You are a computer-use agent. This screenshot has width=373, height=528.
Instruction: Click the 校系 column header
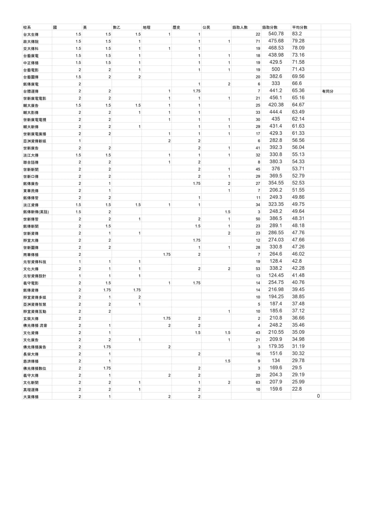pos(27,28)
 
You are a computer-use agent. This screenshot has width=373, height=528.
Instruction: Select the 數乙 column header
pos(117,28)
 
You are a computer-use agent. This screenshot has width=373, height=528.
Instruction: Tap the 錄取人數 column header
pos(240,28)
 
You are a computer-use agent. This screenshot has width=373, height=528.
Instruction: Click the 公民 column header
pos(206,28)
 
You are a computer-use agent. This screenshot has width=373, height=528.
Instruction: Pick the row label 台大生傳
pos(31,34)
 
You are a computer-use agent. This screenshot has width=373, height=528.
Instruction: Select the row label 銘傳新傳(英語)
pos(36,212)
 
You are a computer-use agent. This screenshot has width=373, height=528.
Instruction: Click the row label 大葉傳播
pos(31,397)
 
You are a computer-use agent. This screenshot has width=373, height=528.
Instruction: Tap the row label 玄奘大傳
pos(31,318)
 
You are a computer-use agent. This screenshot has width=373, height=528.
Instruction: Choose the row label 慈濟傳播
pos(31,361)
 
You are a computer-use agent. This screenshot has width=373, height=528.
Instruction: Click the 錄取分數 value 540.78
pos(276,34)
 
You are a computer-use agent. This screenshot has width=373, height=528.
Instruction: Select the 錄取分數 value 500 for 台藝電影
pos(276,69)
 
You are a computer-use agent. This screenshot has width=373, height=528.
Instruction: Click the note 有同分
pos(328,91)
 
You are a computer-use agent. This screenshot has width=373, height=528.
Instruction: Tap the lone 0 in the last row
pos(318,396)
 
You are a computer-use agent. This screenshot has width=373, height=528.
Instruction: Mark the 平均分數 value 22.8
pos(297,389)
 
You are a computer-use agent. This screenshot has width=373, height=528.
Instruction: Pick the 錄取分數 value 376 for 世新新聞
pos(276,169)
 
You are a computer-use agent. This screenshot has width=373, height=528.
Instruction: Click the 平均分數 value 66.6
pos(297,84)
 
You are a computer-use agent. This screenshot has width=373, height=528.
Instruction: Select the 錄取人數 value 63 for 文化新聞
pos(258,382)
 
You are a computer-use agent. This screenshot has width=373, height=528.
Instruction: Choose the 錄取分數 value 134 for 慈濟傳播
pos(276,361)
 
